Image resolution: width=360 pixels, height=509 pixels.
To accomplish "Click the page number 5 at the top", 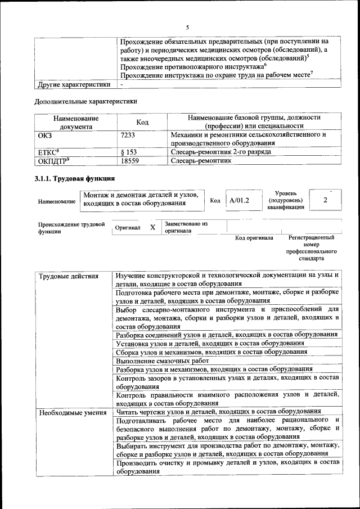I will [x=187, y=27].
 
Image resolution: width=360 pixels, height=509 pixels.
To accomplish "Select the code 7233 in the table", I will [x=128, y=136].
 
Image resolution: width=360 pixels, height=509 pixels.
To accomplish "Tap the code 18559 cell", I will [x=130, y=160].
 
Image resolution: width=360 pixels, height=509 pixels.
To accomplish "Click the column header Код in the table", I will [x=142, y=122].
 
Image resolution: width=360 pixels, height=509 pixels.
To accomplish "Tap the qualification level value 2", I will [x=325, y=200].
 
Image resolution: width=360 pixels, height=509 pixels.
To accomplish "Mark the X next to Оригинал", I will [x=152, y=227].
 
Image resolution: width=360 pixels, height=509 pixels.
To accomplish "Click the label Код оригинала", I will [x=254, y=238].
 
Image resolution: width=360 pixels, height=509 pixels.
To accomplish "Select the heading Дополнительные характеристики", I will [x=85, y=101].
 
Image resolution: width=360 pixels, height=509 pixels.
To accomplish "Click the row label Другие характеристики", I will [x=73, y=84].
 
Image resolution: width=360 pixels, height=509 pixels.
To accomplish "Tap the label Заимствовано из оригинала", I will [x=186, y=227].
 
